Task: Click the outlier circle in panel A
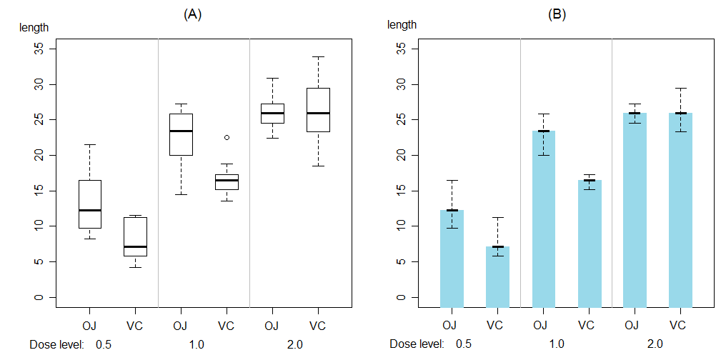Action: (x=227, y=137)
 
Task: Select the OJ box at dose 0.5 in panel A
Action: (x=90, y=204)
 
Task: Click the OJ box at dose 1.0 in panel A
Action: (x=181, y=134)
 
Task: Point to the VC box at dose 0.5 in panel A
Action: (x=135, y=236)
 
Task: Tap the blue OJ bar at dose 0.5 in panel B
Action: (x=452, y=258)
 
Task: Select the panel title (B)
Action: (x=557, y=14)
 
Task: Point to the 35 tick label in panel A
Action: (x=40, y=49)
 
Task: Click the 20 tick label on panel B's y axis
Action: (x=401, y=155)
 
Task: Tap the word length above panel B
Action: (x=402, y=24)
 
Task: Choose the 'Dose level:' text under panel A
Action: (x=57, y=344)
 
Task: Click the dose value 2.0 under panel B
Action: (x=655, y=344)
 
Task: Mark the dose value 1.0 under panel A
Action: (x=196, y=344)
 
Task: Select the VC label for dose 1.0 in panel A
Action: (x=226, y=326)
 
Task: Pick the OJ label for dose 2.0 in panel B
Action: (x=632, y=326)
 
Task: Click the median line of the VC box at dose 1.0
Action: (x=227, y=180)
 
